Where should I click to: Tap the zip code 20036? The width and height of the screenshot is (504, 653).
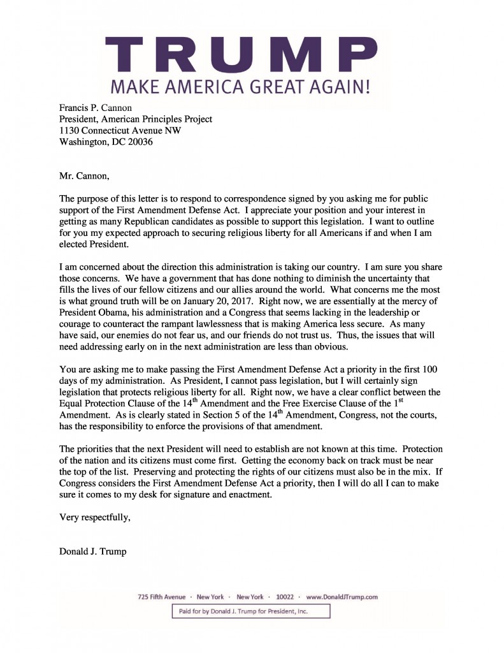point(139,142)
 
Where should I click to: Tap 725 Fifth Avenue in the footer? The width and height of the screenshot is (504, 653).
point(162,597)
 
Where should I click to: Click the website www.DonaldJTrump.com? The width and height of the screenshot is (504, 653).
point(342,597)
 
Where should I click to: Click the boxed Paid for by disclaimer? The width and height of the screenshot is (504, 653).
point(250,612)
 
